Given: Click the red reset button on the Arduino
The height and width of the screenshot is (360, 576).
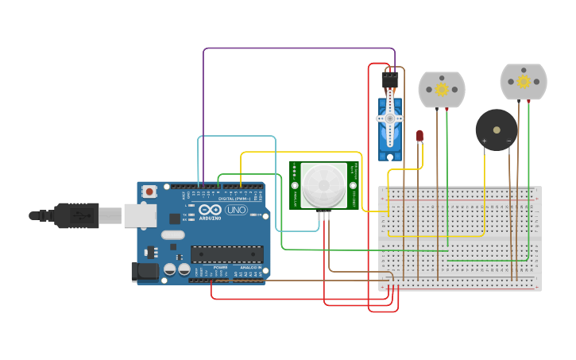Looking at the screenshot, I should (149, 192).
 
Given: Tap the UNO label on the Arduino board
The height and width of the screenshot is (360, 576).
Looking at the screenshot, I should (236, 210).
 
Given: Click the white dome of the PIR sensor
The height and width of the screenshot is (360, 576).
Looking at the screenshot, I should (324, 184).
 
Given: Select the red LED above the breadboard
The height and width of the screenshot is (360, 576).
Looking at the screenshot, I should (419, 136).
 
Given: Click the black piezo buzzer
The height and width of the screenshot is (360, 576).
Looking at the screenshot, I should (497, 129).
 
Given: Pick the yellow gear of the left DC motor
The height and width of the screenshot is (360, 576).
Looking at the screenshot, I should (442, 89).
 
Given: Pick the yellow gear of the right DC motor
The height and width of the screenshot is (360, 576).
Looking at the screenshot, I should (524, 82).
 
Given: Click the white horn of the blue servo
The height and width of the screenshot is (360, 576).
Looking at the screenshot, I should (390, 118).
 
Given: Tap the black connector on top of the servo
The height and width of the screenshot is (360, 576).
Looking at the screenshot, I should (390, 80).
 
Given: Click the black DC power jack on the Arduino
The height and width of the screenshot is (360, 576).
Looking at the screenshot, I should (145, 271).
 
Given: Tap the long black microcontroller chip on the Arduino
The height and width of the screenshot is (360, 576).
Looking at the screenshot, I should (226, 254).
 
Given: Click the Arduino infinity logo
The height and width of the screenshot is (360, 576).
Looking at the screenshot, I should (210, 210).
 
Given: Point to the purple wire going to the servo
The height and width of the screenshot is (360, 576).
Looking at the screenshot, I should (294, 48).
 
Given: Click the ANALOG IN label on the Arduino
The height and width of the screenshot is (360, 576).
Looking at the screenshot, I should (249, 268).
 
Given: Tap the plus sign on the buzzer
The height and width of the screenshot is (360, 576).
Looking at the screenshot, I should (485, 141).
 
